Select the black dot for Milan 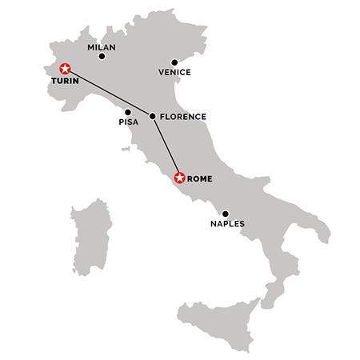tap(101, 58)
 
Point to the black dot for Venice tap(174, 62)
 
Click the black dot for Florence tap(152, 116)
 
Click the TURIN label tap(66, 82)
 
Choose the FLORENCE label tap(183, 117)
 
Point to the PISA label tap(128, 122)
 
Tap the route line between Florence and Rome tap(166, 146)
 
